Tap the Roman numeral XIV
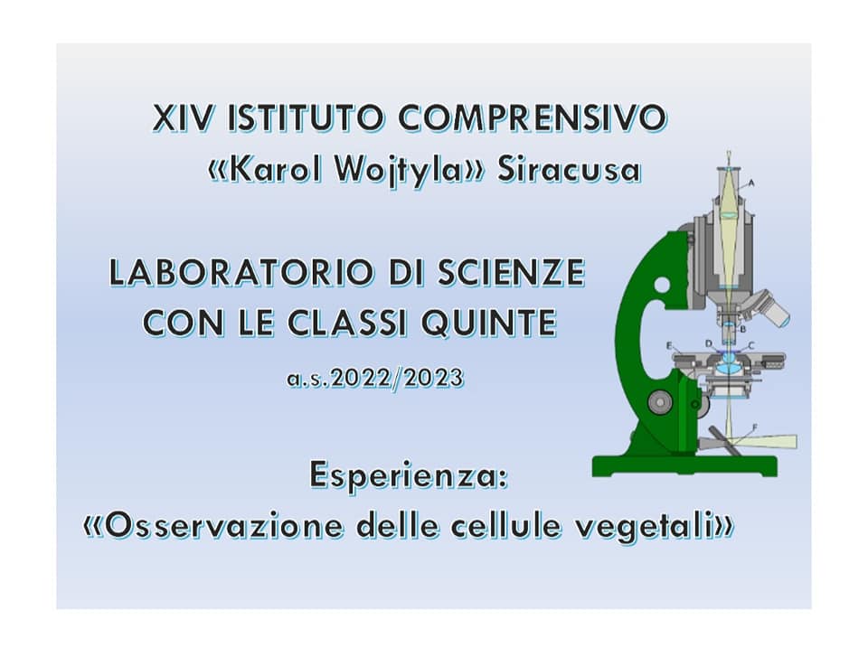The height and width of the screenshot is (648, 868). point(184,117)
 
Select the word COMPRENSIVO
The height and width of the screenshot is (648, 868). point(533,117)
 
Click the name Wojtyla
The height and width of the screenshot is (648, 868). point(398,170)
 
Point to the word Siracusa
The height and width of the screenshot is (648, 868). point(569,169)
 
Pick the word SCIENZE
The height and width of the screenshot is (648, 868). point(511,272)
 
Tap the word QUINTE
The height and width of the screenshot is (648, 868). point(488,323)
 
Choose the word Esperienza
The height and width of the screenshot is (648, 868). point(408,476)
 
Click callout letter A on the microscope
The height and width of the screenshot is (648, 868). point(751,183)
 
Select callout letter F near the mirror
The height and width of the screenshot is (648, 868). point(755,427)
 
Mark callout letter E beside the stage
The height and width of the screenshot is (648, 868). point(669,346)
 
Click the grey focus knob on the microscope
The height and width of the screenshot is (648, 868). point(660,400)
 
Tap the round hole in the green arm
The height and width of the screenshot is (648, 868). point(662,285)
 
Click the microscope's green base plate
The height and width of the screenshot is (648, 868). point(684,466)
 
